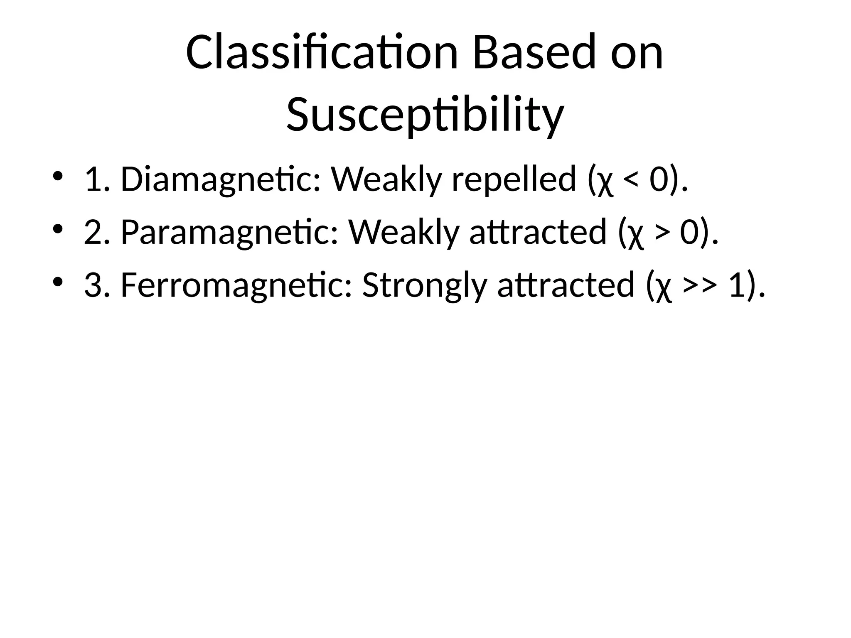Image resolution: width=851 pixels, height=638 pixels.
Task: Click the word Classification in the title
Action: click(322, 53)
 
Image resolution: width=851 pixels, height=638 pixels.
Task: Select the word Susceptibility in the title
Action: click(425, 114)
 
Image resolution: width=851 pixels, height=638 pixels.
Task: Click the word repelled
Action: click(514, 179)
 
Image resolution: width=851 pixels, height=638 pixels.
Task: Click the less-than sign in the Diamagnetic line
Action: click(632, 182)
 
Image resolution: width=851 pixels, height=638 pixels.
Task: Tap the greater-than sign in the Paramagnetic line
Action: click(662, 234)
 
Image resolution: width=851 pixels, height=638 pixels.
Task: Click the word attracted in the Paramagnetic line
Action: click(539, 232)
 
